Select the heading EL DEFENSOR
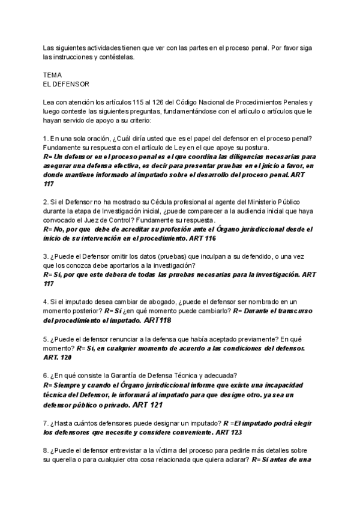66,84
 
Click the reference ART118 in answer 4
158,321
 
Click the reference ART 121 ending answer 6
147,405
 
